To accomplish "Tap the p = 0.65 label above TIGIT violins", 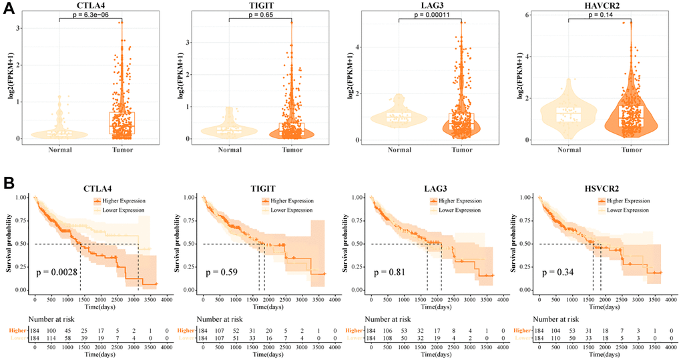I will pyautogui.click(x=262, y=13).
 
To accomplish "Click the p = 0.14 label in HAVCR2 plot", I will pyautogui.click(x=600, y=13).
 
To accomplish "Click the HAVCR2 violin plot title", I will pyautogui.click(x=600, y=5).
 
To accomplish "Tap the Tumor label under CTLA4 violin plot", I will pyautogui.click(x=121, y=150).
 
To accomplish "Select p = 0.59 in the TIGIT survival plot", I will pyautogui.click(x=222, y=273).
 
